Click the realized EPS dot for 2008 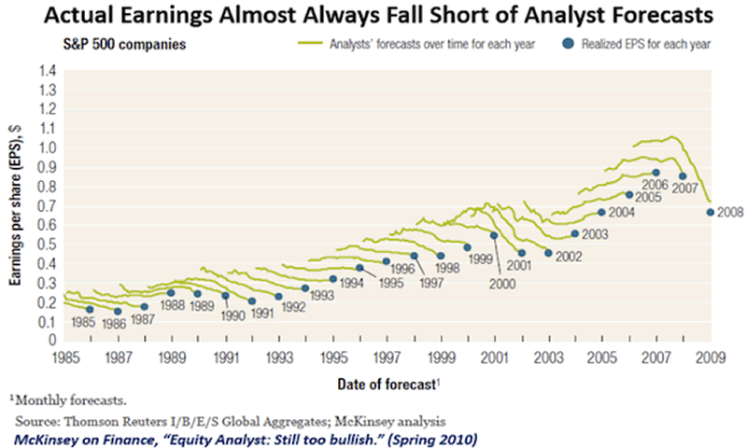pyautogui.click(x=710, y=213)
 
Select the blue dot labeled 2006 pyautogui.click(x=656, y=173)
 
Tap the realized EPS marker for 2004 pyautogui.click(x=601, y=213)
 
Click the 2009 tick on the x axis pyautogui.click(x=710, y=357)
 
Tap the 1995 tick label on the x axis pyautogui.click(x=332, y=357)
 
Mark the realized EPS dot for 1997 pyautogui.click(x=414, y=255)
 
